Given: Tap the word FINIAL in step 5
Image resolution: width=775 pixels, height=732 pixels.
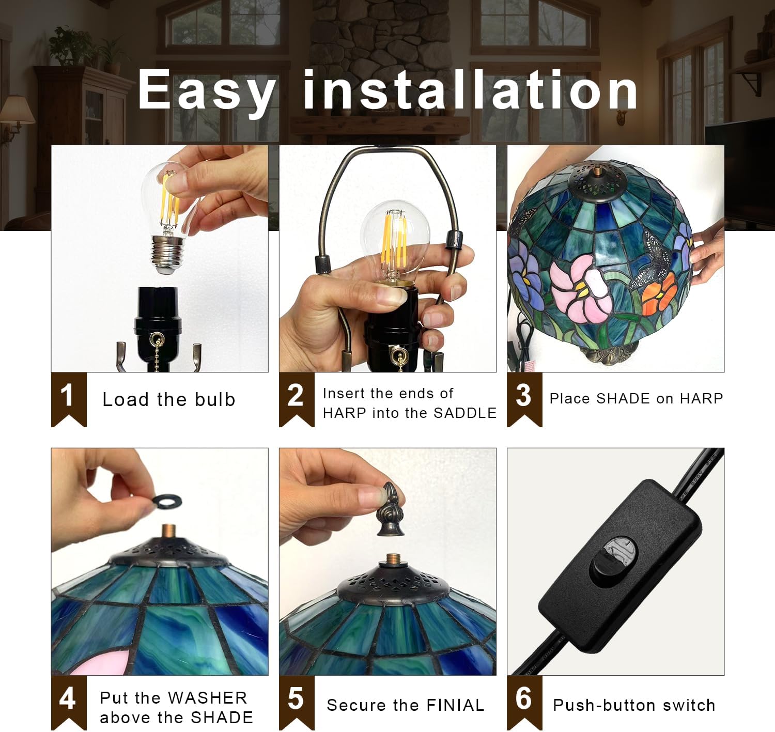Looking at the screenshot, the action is pyautogui.click(x=455, y=705).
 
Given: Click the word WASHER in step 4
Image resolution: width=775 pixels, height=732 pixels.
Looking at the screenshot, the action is pyautogui.click(x=208, y=698).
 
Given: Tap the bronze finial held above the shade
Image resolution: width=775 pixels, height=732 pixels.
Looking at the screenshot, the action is pyautogui.click(x=391, y=509).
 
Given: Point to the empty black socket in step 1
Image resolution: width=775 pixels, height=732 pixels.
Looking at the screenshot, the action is pyautogui.click(x=158, y=328).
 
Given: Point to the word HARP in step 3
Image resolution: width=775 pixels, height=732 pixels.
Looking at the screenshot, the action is pyautogui.click(x=701, y=398).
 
